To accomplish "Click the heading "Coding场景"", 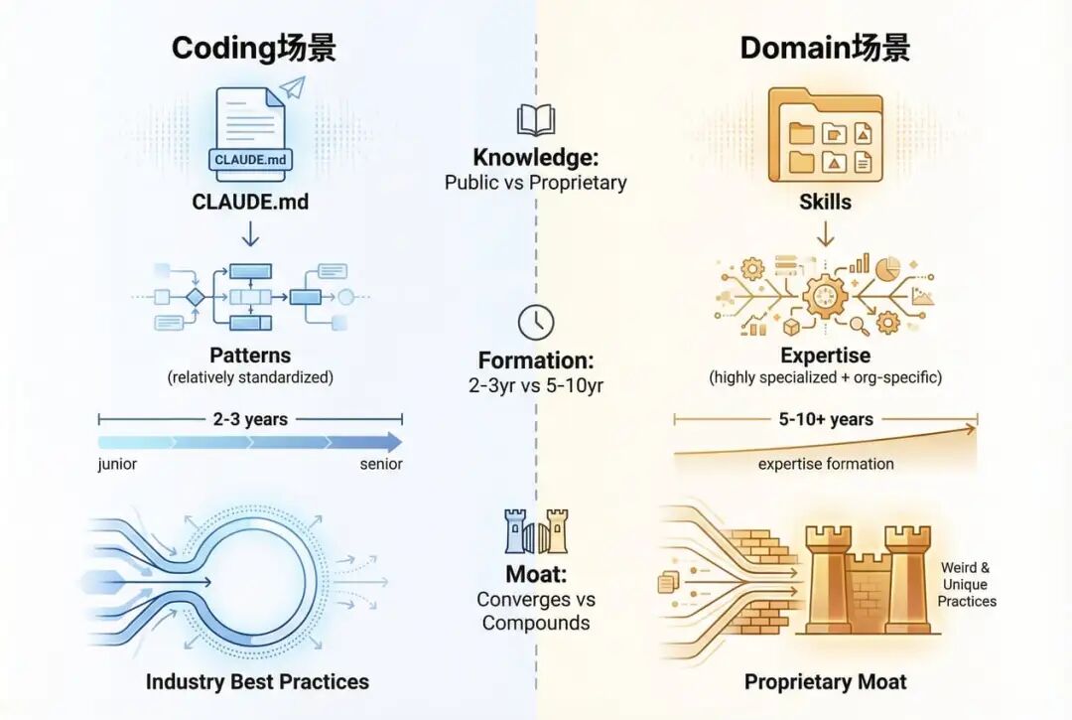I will (x=253, y=48).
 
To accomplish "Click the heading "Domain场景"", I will (x=825, y=48).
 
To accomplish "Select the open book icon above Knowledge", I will (x=535, y=121).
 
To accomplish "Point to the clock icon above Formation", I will (x=535, y=323).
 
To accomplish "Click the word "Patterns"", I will (x=250, y=356).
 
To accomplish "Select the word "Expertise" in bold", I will (x=825, y=356).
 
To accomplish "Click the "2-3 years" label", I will (x=250, y=419).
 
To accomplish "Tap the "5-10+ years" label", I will (x=825, y=419).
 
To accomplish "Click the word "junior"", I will (x=117, y=465).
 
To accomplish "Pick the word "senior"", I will (x=381, y=465).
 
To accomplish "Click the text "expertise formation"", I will (x=825, y=464).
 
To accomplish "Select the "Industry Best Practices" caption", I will (x=257, y=682).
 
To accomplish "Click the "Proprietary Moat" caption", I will (x=825, y=682).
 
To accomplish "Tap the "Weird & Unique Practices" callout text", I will (x=967, y=584).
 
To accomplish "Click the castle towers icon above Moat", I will (x=535, y=532).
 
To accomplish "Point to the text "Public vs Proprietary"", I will (x=535, y=183).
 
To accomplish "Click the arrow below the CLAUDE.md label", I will (x=250, y=233).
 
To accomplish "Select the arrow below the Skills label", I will (x=825, y=233).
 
